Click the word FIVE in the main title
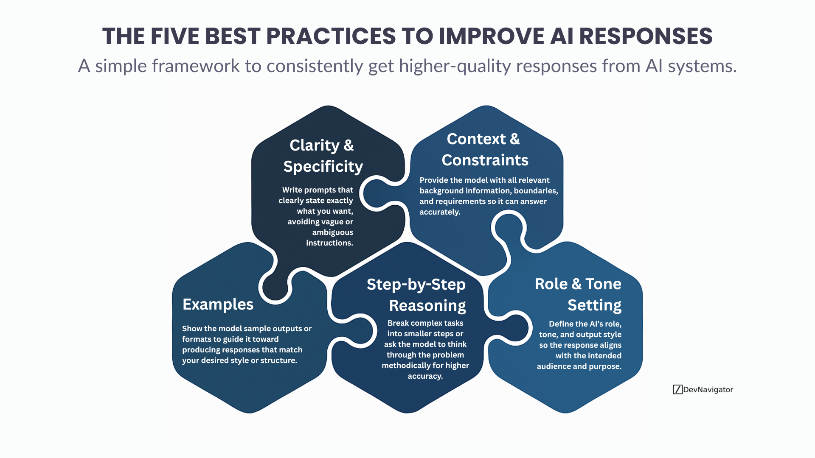click(x=174, y=36)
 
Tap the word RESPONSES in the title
click(x=646, y=36)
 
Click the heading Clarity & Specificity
click(x=323, y=156)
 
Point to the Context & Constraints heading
click(x=484, y=149)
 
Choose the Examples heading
click(x=218, y=304)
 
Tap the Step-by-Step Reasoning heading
click(x=417, y=295)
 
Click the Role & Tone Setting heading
click(x=578, y=294)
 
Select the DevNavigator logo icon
click(x=677, y=389)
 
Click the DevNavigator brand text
click(x=708, y=389)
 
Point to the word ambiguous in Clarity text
click(x=332, y=232)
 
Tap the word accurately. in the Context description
click(x=440, y=212)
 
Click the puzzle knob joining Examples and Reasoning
click(x=359, y=331)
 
